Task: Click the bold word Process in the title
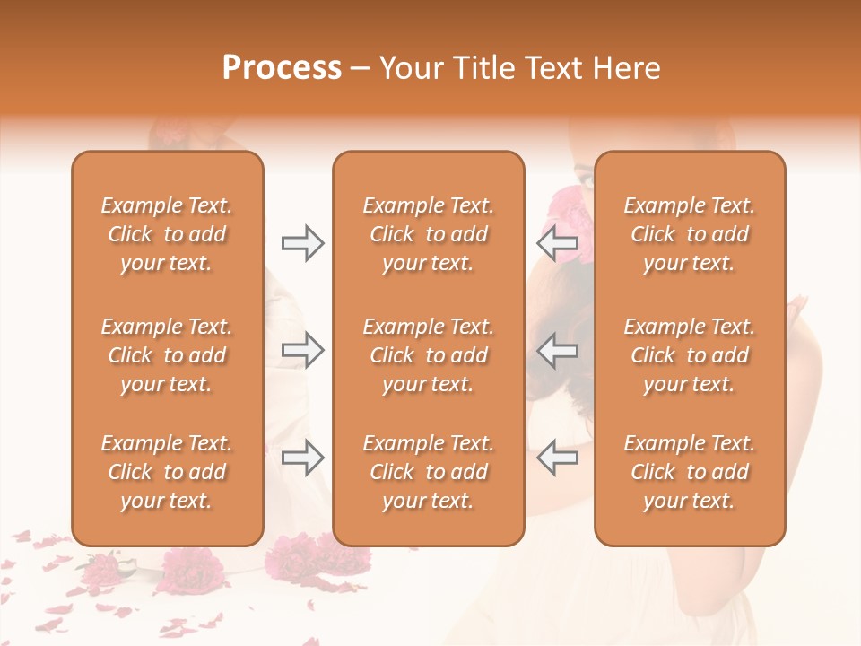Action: [282, 68]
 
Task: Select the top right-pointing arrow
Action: [302, 243]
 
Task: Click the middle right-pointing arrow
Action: [302, 350]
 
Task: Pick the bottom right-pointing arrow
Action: [302, 458]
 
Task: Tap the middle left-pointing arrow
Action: [557, 350]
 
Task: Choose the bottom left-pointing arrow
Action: [557, 458]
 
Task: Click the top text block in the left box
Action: [167, 234]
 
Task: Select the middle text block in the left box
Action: [167, 355]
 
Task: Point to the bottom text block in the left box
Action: [167, 472]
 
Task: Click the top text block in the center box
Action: [429, 234]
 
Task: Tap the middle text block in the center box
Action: [429, 355]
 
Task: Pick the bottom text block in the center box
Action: [429, 472]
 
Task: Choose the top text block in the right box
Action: [690, 234]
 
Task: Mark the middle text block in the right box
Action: [690, 355]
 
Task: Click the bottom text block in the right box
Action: [690, 472]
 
